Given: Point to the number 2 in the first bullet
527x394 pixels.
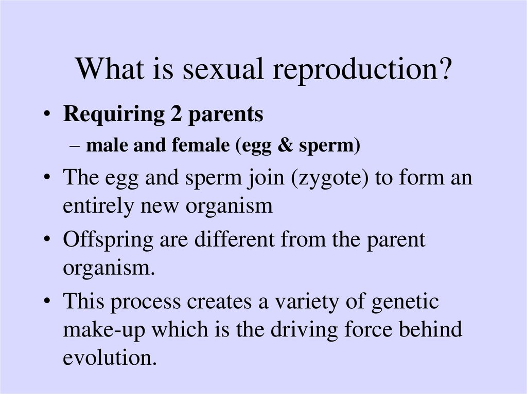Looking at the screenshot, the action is tap(176, 114).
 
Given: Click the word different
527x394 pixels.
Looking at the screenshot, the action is tap(235, 239).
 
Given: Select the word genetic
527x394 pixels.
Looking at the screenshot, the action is tap(405, 302).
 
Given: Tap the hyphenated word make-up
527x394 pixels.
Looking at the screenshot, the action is tap(104, 330).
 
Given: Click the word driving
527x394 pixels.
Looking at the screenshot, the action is tap(304, 330).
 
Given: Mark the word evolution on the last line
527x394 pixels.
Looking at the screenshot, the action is tap(110, 357).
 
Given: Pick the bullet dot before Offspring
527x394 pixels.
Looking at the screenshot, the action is tap(47, 239).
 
